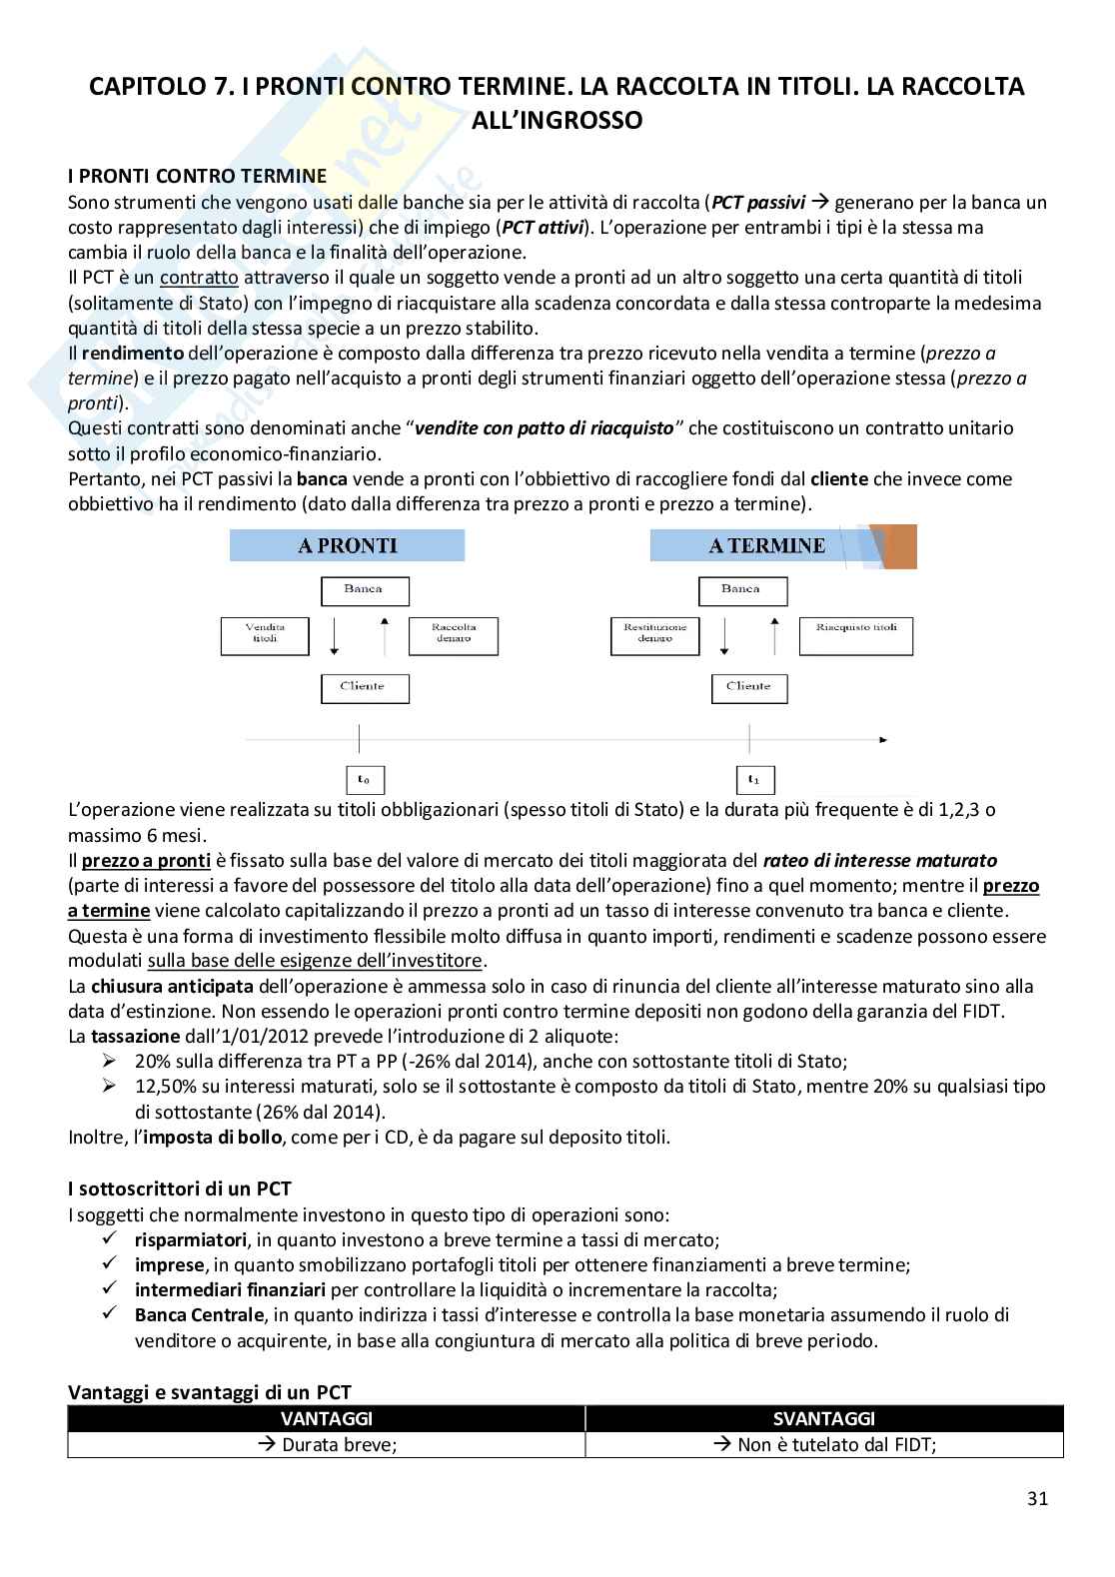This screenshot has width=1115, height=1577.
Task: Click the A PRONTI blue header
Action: [347, 545]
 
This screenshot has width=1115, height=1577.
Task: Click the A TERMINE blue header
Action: [766, 545]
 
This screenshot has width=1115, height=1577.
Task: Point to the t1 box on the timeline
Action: [754, 780]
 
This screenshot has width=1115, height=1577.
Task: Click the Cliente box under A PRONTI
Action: [364, 687]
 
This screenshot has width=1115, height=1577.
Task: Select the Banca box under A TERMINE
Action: [740, 590]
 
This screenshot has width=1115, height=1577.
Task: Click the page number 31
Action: [1037, 1498]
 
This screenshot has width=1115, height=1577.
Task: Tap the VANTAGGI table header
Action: [327, 1418]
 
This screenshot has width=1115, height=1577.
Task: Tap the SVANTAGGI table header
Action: [824, 1418]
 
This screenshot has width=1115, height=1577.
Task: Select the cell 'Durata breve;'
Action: [327, 1444]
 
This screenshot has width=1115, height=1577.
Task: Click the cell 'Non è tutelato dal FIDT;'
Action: [824, 1444]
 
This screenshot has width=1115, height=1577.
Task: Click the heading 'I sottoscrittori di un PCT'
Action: [180, 1188]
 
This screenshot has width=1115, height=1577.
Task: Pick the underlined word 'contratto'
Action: [199, 278]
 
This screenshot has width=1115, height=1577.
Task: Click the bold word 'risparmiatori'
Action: [191, 1239]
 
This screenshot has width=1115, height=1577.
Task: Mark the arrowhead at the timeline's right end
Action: [883, 740]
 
